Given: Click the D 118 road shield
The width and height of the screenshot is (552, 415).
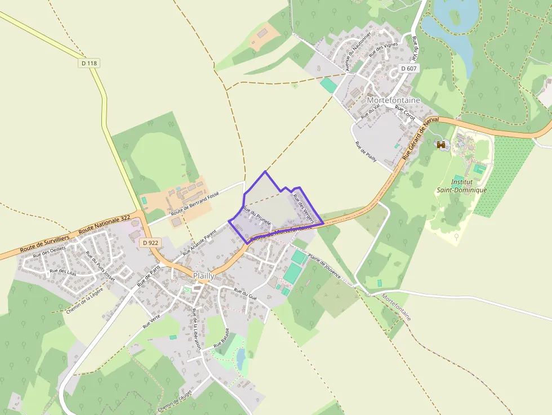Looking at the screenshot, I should (89, 64).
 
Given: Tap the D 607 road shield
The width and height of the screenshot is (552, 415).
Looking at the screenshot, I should (409, 68).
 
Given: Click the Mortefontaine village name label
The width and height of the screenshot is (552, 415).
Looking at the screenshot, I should (393, 100).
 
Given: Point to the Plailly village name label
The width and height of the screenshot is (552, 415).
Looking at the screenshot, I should (203, 276).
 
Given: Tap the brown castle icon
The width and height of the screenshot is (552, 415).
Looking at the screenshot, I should (441, 145).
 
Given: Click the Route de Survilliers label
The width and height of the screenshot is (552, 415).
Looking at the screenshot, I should (44, 242).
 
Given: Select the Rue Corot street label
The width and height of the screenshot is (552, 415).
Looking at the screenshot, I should (404, 112).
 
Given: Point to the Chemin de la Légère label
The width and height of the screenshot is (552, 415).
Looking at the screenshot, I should (84, 301).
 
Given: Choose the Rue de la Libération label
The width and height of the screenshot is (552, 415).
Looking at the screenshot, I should (197, 329).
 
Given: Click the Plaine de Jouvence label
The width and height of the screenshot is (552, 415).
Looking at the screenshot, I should (324, 269).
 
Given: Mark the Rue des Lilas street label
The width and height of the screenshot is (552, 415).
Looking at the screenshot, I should (63, 271).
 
